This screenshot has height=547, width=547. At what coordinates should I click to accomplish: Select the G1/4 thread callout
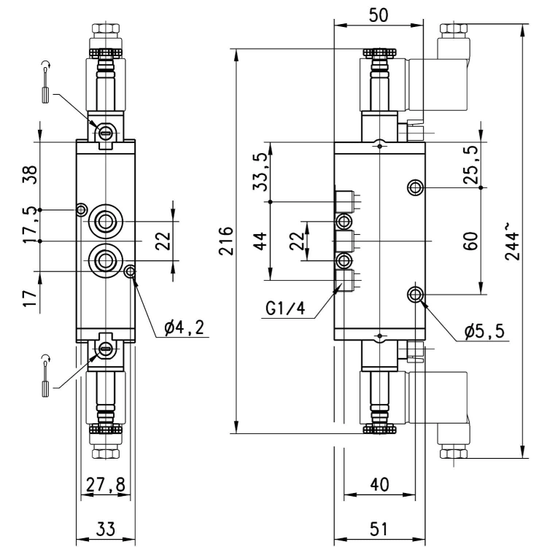(x=285, y=309)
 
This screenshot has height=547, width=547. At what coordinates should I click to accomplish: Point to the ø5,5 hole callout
(x=484, y=330)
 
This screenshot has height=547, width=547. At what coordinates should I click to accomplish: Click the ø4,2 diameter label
(x=184, y=327)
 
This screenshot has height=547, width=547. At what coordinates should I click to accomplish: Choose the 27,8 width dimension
(x=106, y=484)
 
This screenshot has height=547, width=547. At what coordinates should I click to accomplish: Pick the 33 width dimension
(x=105, y=529)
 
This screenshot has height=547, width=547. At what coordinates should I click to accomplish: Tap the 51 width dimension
(x=379, y=529)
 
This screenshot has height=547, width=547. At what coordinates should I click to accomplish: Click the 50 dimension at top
(x=379, y=15)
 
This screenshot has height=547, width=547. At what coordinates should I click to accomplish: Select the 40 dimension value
(x=379, y=484)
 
